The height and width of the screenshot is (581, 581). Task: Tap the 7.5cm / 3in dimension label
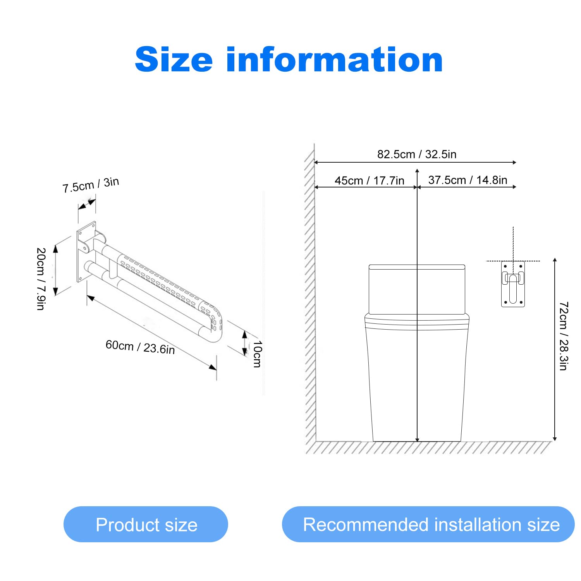point(91,184)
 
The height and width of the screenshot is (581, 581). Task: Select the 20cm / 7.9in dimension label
point(41,279)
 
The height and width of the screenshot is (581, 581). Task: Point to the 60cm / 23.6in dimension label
point(140,347)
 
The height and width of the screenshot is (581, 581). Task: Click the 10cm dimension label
point(258,354)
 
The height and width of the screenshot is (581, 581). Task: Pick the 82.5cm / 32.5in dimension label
point(417,154)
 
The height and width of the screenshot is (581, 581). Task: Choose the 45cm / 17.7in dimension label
point(370,180)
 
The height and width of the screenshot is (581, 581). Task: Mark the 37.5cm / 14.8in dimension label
point(468,180)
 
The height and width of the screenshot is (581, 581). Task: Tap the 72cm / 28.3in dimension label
point(564,336)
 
